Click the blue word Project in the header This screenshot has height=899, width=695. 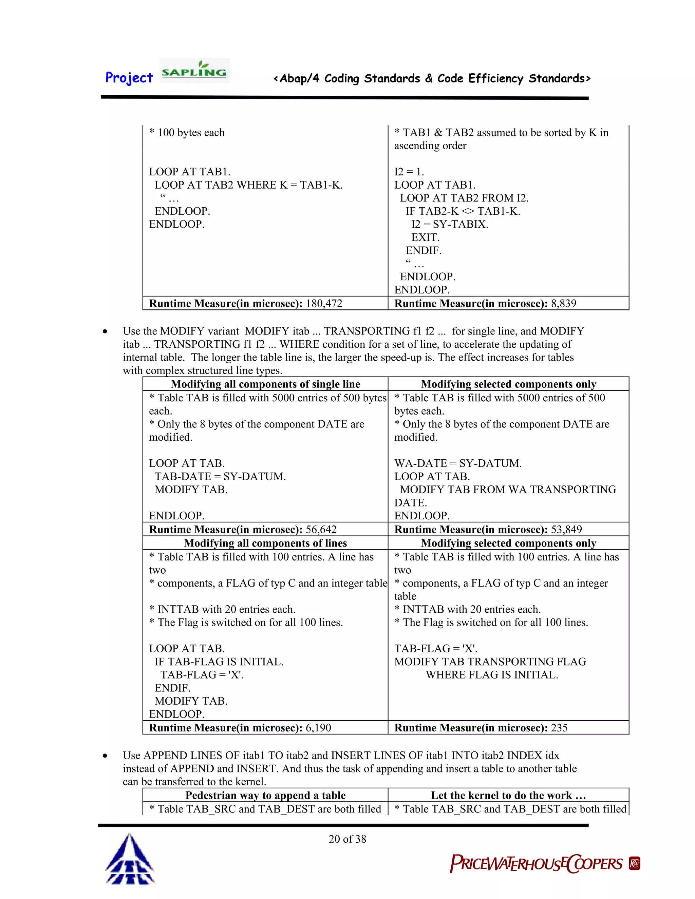tap(129, 78)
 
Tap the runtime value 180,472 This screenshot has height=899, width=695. tap(324, 303)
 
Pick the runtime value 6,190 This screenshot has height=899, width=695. tap(318, 728)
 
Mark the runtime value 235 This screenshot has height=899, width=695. tap(559, 728)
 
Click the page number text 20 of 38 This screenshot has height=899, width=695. tap(347, 839)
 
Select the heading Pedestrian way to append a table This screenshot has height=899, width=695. tap(266, 795)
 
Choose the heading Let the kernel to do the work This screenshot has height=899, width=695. tap(508, 795)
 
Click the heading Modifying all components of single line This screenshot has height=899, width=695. tap(266, 384)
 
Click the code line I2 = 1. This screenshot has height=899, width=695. tap(409, 172)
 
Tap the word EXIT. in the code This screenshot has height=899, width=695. tap(425, 237)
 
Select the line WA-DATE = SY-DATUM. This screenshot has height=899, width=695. tap(458, 463)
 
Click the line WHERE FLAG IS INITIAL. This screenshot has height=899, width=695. tap(492, 675)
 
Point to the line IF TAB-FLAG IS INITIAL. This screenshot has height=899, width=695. tap(219, 662)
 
